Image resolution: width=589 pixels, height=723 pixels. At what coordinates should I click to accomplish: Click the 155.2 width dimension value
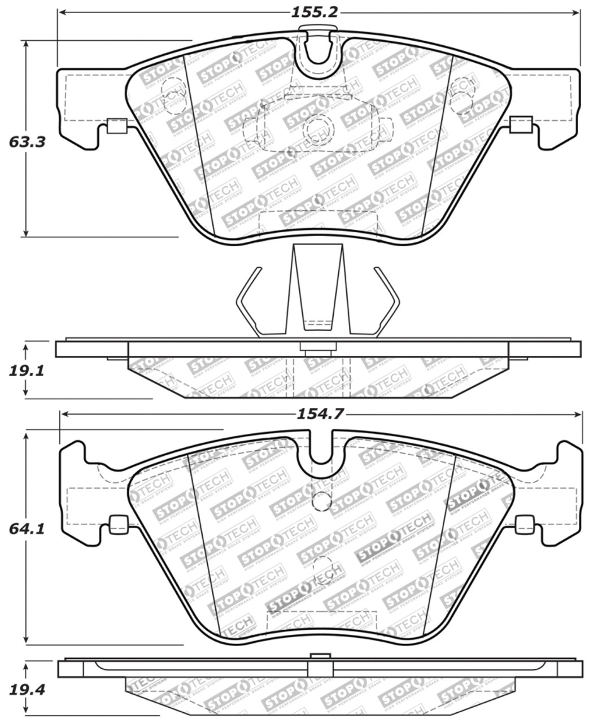pyautogui.click(x=315, y=12)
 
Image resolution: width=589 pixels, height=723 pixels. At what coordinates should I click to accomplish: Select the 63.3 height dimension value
pyautogui.click(x=27, y=141)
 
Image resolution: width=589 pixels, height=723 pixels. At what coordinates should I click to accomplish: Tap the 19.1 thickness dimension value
pyautogui.click(x=27, y=371)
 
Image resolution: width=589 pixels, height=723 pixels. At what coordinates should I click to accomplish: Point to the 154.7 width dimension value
pyautogui.click(x=320, y=414)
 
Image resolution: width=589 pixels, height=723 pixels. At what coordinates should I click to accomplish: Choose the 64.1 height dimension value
pyautogui.click(x=27, y=529)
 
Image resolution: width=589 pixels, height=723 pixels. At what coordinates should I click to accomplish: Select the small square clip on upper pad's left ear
pyautogui.click(x=117, y=125)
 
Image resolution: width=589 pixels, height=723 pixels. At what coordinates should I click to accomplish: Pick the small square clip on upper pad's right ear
pyautogui.click(x=520, y=125)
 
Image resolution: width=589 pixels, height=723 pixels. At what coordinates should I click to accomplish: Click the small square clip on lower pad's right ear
pyautogui.click(x=523, y=525)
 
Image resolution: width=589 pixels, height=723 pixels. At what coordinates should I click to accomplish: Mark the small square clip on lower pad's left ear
pyautogui.click(x=118, y=525)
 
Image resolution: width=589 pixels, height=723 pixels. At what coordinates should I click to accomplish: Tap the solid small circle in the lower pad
pyautogui.click(x=321, y=499)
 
